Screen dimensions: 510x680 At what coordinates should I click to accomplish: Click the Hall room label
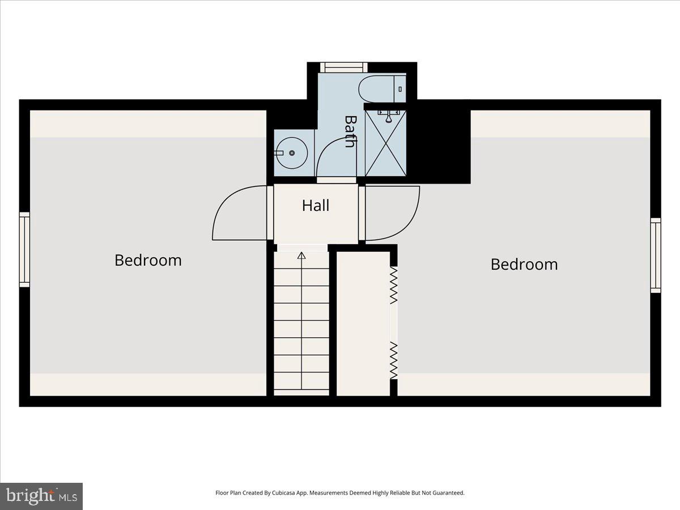[x=316, y=206]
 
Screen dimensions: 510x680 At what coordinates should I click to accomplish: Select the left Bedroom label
[x=148, y=260]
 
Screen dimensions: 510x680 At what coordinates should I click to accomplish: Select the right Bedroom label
[x=524, y=264]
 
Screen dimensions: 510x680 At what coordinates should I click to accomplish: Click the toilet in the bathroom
[x=381, y=88]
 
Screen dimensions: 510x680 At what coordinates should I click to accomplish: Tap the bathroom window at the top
[x=343, y=67]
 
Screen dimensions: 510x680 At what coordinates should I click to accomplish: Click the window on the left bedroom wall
[x=24, y=249]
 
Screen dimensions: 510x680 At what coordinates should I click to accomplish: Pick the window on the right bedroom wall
[x=656, y=255]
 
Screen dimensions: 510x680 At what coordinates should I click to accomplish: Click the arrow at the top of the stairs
[x=301, y=256]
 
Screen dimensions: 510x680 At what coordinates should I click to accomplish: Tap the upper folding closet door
[x=394, y=286]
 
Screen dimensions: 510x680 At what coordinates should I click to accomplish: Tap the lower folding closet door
[x=394, y=360]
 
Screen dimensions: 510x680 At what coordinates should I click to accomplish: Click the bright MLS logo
[x=41, y=496]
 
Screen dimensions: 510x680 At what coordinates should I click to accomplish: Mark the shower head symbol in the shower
[x=388, y=117]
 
